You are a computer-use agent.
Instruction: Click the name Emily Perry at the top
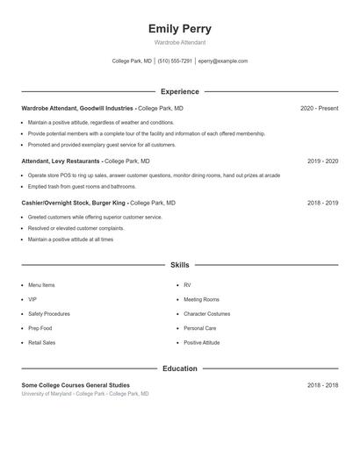[179, 29]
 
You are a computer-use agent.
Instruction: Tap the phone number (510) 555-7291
[176, 61]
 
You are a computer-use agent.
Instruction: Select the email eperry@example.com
[223, 61]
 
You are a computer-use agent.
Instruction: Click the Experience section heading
[179, 91]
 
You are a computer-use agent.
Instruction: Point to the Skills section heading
[179, 264]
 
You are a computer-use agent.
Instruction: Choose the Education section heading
[179, 368]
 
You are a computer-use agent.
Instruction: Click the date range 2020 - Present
[319, 108]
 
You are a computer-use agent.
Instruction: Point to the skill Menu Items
[41, 285]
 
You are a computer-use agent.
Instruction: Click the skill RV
[187, 285]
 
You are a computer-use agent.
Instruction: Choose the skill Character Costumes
[206, 313]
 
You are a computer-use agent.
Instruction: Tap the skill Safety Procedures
[48, 313]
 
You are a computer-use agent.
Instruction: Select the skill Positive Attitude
[201, 342]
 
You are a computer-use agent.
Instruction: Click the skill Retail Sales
[41, 342]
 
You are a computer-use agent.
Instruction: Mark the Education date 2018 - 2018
[322, 385]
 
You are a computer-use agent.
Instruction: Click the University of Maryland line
[85, 394]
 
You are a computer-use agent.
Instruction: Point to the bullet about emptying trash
[82, 186]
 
